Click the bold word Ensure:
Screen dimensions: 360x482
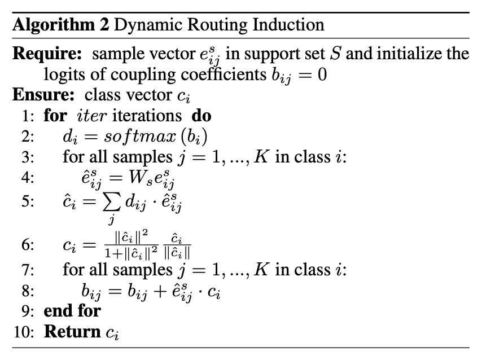44,95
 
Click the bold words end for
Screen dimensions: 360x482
72,310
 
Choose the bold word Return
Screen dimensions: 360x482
73,331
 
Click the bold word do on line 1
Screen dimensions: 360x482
201,116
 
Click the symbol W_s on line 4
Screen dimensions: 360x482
146,178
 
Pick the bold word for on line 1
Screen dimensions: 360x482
55,116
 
